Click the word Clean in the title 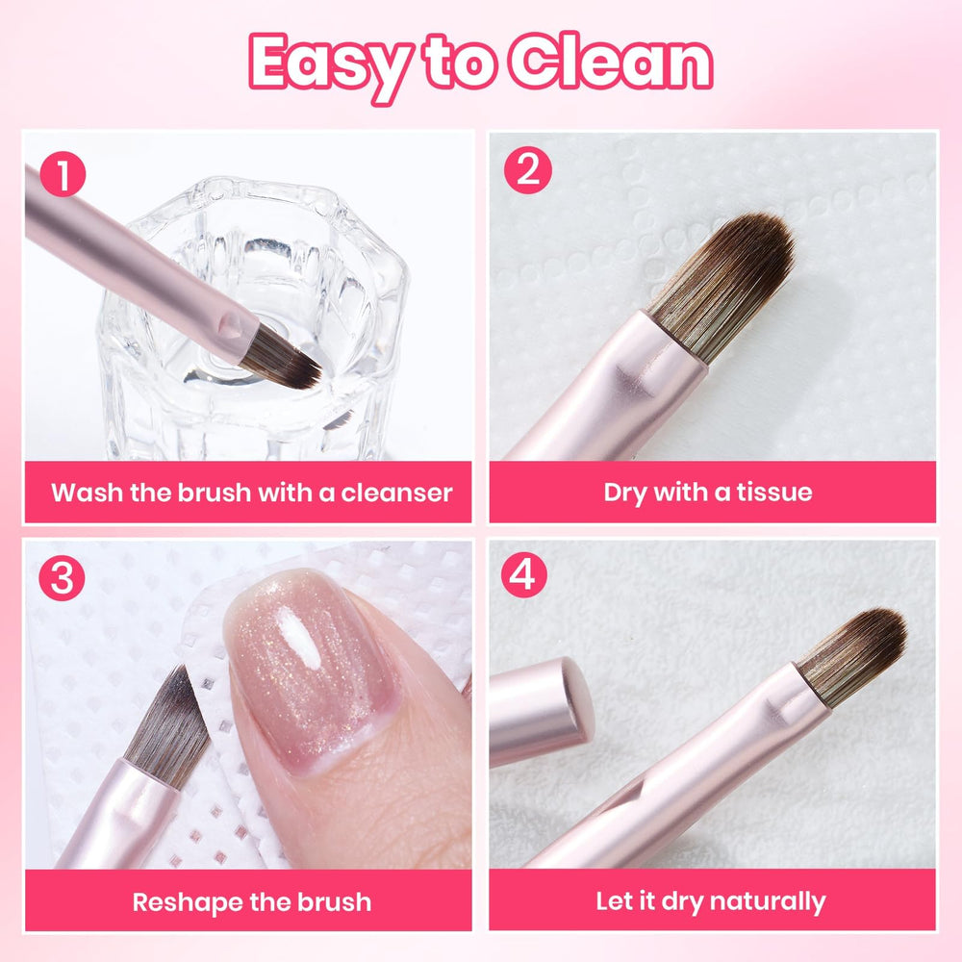point(611,62)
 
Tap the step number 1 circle point(63,174)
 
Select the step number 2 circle point(527,170)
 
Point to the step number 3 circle point(62,578)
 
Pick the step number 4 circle point(524,575)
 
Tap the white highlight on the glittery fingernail point(300,640)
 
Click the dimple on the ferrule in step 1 point(231,325)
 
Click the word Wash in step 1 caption point(87,493)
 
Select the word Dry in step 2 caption point(625,493)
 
